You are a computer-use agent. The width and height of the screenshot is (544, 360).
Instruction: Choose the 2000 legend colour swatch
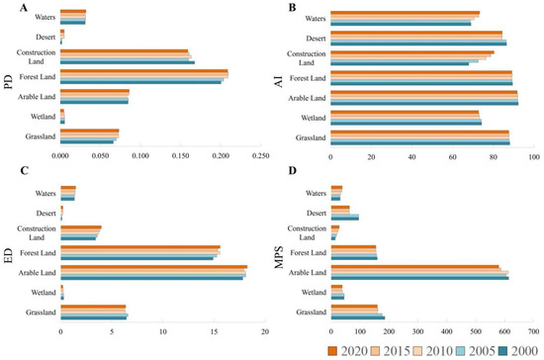(500, 350)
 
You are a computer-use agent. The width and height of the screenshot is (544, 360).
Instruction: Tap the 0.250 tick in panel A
(261, 155)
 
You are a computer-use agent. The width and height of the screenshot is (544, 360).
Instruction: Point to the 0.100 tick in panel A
(140, 155)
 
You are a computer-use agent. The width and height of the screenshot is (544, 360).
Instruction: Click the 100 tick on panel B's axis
(533, 155)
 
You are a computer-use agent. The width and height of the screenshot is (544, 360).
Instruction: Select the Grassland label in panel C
(38, 313)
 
